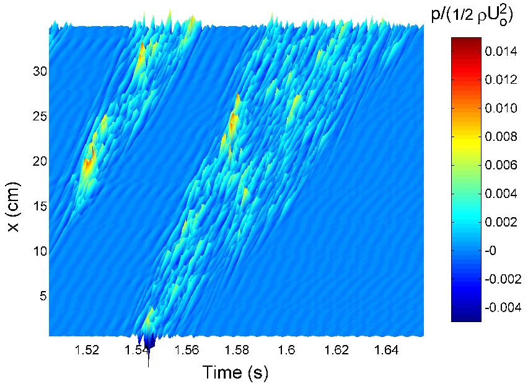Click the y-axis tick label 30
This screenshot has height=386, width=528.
[x=40, y=71]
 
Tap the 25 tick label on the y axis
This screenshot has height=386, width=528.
[x=40, y=116]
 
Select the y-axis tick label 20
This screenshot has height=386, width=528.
[x=40, y=161]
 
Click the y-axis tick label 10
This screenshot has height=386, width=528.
[x=40, y=251]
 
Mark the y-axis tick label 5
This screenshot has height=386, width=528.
[x=43, y=296]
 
